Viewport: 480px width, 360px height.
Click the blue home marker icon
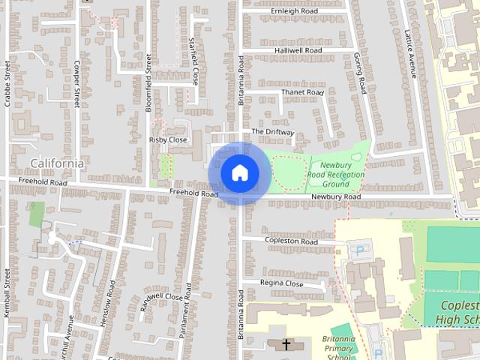point(239,173)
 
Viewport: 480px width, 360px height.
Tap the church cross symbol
point(286,344)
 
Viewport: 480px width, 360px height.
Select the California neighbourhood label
point(57,163)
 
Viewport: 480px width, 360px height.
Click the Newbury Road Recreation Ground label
point(336,175)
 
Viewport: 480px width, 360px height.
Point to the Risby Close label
point(168,139)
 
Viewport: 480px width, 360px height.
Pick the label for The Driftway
point(273,131)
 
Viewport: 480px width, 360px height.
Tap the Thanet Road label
point(302,92)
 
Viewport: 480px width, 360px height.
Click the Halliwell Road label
point(298,50)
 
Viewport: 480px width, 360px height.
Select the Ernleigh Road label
point(295,11)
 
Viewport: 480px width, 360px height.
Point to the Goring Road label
point(361,73)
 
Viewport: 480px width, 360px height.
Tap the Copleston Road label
point(289,241)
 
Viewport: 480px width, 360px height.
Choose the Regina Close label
point(282,283)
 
